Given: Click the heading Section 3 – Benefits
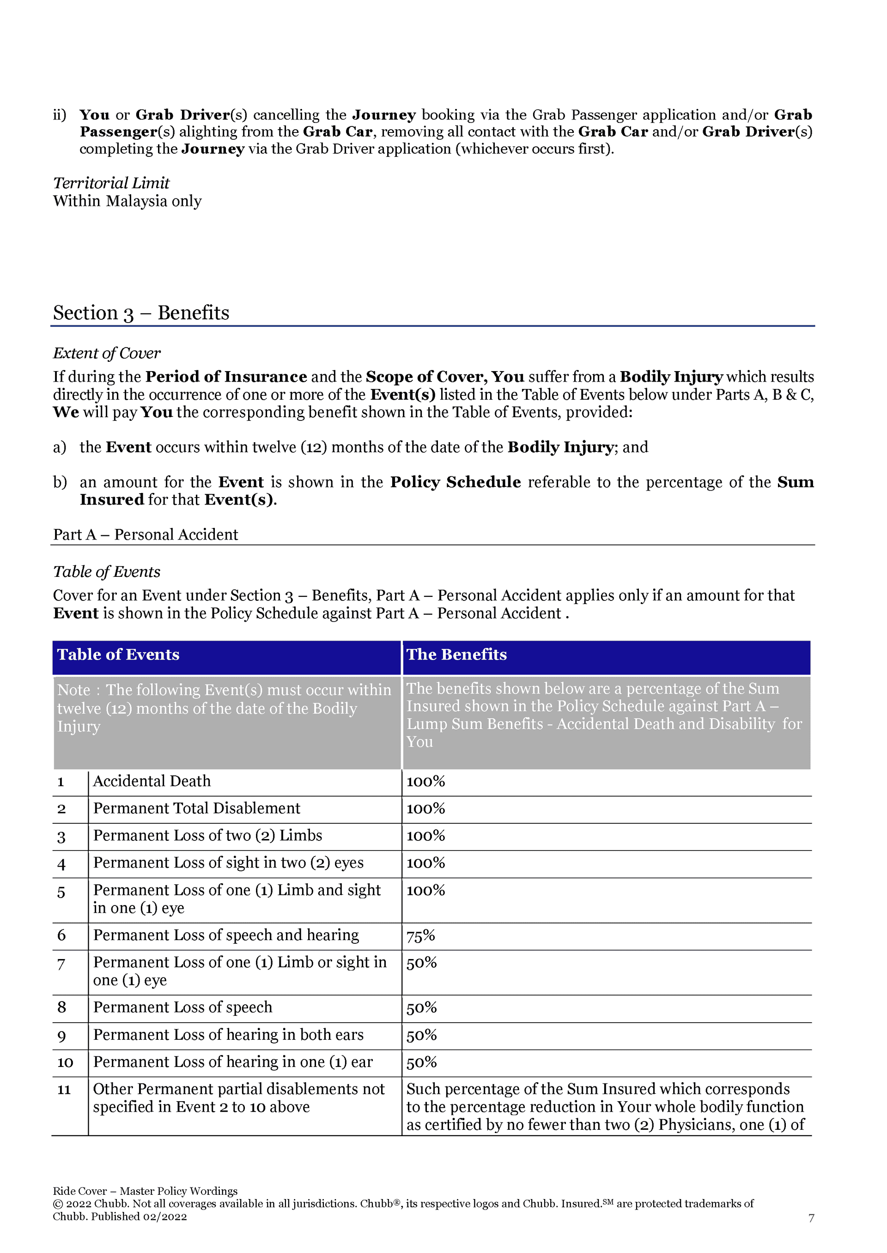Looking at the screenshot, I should point(141,313).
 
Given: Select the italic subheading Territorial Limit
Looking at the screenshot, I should point(111,183).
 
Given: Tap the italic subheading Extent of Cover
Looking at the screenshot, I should point(107,353).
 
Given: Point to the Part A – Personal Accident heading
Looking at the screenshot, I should point(145,534).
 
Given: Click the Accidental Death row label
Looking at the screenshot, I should point(152,781).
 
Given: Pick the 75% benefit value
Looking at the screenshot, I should point(420,935).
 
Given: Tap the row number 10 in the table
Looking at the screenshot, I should point(65,1062).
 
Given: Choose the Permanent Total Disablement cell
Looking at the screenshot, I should point(197,808).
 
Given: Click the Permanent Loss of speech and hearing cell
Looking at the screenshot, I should point(225,935).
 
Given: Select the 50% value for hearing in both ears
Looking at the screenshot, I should point(421,1035).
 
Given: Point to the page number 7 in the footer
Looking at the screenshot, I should point(811,1218).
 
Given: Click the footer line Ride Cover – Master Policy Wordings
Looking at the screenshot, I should point(145,1191).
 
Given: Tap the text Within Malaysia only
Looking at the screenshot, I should point(127,201).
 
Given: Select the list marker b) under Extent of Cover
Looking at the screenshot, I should point(60,482).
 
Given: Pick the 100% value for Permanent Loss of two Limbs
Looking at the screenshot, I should point(425,835).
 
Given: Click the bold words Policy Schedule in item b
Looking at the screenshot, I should point(455,482).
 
